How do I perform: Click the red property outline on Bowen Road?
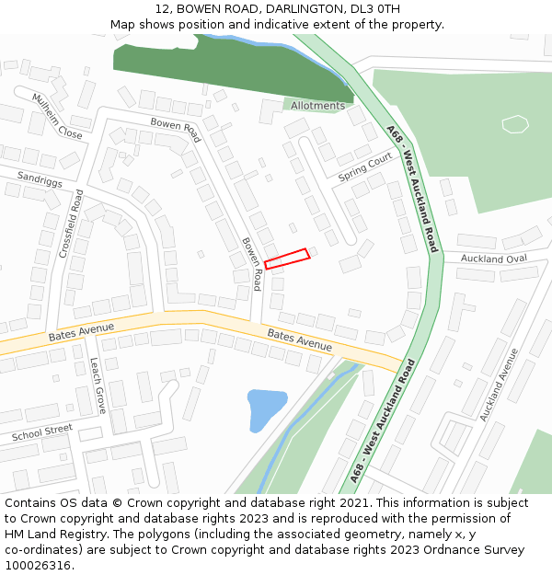tap(287, 259)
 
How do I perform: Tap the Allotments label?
tap(317, 106)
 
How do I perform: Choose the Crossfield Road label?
tap(71, 224)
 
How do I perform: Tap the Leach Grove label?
tap(98, 385)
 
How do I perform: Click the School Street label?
tap(41, 431)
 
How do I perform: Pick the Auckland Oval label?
tap(494, 259)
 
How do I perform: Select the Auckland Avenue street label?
tap(500, 385)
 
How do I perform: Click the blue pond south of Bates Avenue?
tap(264, 408)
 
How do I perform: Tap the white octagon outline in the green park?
tap(515, 123)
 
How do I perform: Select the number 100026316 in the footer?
tap(39, 565)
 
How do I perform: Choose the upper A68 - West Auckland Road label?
tap(411, 189)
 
